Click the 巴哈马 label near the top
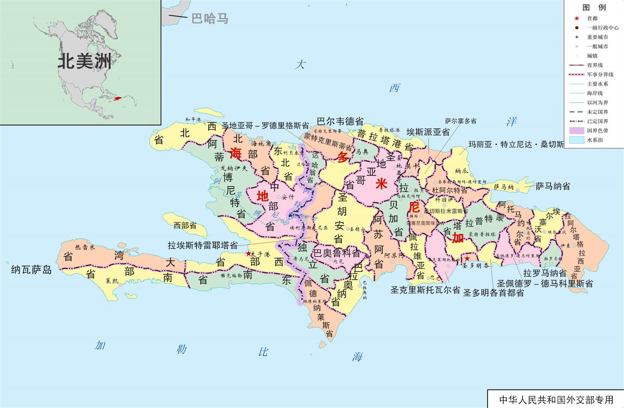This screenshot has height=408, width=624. [210, 19]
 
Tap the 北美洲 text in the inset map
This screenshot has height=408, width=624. [84, 61]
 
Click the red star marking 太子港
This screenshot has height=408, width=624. [248, 254]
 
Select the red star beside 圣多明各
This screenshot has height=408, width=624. [467, 258]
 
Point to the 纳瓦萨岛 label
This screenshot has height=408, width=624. [32, 269]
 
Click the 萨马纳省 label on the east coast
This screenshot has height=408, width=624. [553, 186]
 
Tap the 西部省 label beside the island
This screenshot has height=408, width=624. [185, 225]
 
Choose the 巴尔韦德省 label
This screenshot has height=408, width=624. [340, 121]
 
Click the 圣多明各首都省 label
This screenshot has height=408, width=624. [493, 293]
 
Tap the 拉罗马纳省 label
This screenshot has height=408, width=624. [545, 273]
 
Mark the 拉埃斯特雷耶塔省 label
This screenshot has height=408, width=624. [202, 245]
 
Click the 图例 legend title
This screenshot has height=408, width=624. [594, 7]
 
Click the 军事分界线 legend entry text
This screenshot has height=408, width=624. [600, 75]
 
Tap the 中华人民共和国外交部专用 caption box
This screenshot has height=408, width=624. [556, 399]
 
